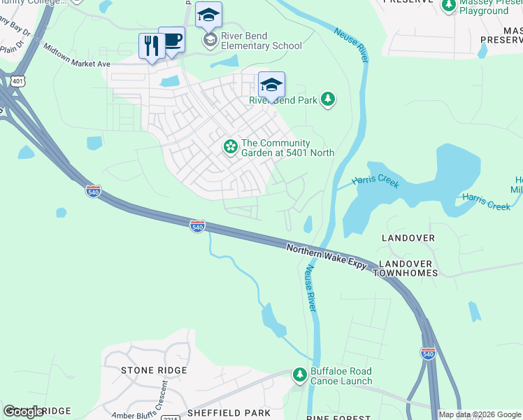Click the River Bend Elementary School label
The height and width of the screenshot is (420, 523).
point(261,41)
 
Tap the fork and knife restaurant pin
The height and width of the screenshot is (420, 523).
point(152,46)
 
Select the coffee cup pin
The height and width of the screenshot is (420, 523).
point(172,40)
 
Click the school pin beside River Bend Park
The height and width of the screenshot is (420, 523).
point(271,85)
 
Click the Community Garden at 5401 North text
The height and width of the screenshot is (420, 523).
point(287,148)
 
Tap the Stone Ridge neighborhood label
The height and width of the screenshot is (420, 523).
point(154,370)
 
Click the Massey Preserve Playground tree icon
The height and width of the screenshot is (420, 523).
point(449,6)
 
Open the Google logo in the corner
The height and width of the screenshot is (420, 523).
point(24,412)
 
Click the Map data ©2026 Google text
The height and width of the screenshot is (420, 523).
point(480,414)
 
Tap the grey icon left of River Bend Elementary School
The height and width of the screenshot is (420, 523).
point(209,41)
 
